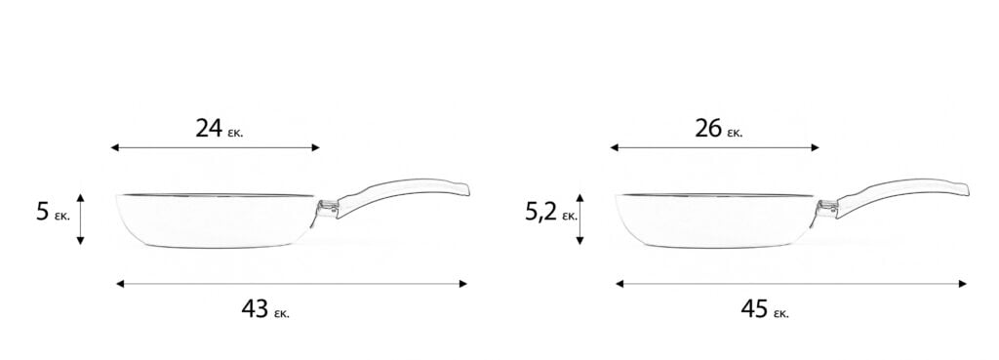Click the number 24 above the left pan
pyautogui.click(x=209, y=129)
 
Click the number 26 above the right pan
pyautogui.click(x=708, y=129)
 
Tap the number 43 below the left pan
pyautogui.click(x=255, y=308)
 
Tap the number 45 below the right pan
pyautogui.click(x=754, y=308)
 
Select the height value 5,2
pyautogui.click(x=541, y=212)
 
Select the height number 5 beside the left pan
pyautogui.click(x=43, y=212)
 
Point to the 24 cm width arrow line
pyautogui.click(x=216, y=148)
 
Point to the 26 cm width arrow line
pyautogui.click(x=715, y=148)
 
